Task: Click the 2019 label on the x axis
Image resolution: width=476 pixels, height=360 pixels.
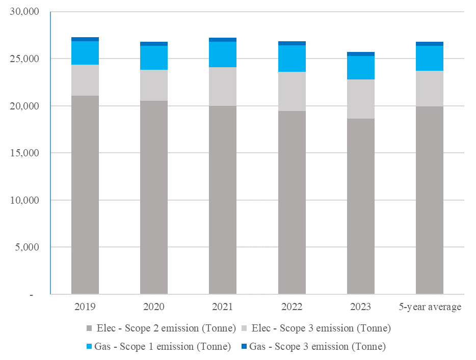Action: pos(85,307)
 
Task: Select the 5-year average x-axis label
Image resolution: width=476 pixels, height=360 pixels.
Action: pos(430,307)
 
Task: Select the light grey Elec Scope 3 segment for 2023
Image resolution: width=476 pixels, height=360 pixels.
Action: pos(360,99)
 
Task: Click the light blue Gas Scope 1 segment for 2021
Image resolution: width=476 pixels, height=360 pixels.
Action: pos(223,54)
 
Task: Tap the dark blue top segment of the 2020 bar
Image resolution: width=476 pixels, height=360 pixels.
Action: pos(154,44)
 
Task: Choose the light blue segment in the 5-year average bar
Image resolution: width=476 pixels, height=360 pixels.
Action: pos(430,58)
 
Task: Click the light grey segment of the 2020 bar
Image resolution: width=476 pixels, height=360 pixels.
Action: pos(154,85)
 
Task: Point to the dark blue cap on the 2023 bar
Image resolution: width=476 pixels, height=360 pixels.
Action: pos(360,54)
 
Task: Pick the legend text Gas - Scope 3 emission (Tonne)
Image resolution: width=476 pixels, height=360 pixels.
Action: pos(318,346)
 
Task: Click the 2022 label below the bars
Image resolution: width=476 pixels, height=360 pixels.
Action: pos(292,307)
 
